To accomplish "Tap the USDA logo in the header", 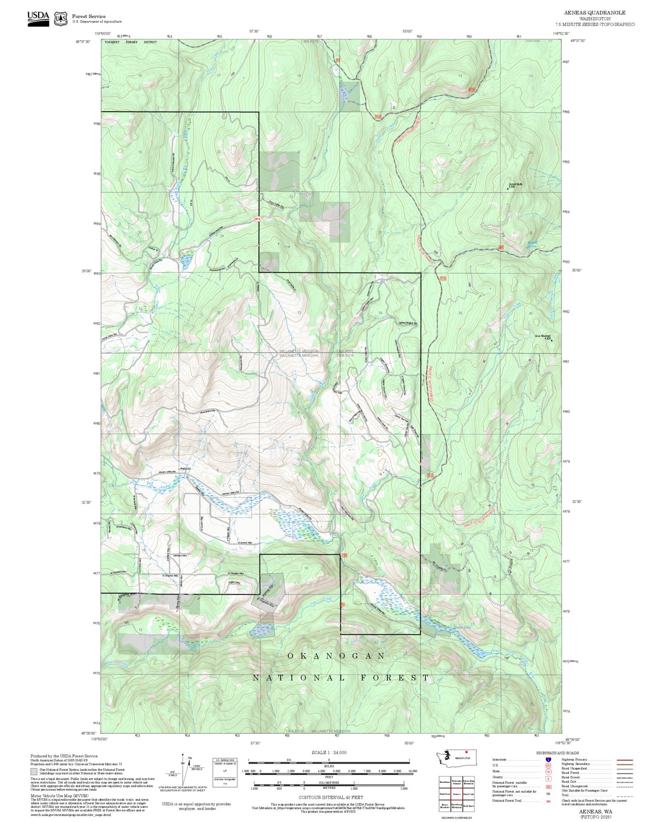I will coord(38,18).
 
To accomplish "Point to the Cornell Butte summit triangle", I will coord(508,189).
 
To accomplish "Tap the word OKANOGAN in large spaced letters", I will coord(337,656).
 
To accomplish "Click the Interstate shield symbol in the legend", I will coord(548,759).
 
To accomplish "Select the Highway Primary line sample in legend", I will coord(622,760).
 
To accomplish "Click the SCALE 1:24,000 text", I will coord(329,752).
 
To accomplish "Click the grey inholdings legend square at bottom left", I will coord(34,772).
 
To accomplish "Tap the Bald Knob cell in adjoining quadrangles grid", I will coord(468,806).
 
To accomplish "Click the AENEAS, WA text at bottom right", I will coord(595,811).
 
